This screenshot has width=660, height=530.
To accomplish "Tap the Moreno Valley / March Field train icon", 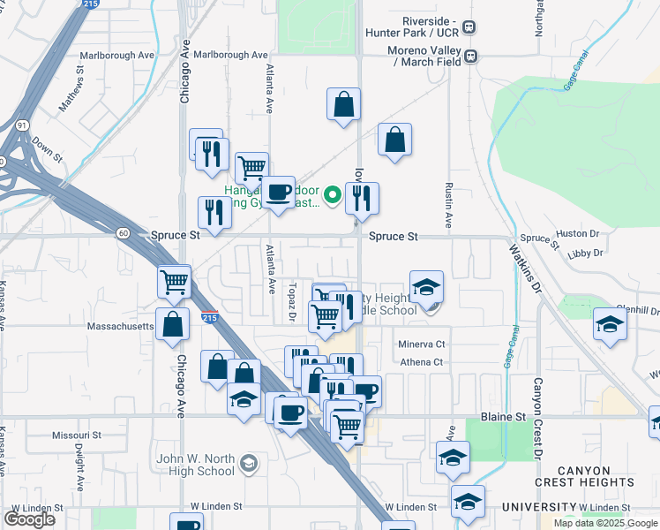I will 471,56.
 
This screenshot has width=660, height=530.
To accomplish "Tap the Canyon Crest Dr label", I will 536,420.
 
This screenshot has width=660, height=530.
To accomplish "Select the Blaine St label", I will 503,415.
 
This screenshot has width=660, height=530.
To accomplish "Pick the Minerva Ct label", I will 422,344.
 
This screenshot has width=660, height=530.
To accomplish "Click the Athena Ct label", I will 422,362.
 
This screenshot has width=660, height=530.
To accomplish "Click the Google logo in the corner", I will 29,519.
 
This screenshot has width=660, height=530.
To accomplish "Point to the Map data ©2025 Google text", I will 604,523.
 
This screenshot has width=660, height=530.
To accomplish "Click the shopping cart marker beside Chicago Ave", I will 175,283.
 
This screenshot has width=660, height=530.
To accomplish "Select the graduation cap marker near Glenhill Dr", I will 610,322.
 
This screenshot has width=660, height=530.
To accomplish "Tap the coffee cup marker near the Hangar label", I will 281,192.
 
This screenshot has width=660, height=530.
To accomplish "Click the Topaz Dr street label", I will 291,302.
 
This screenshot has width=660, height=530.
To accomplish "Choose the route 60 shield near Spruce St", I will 123,233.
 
